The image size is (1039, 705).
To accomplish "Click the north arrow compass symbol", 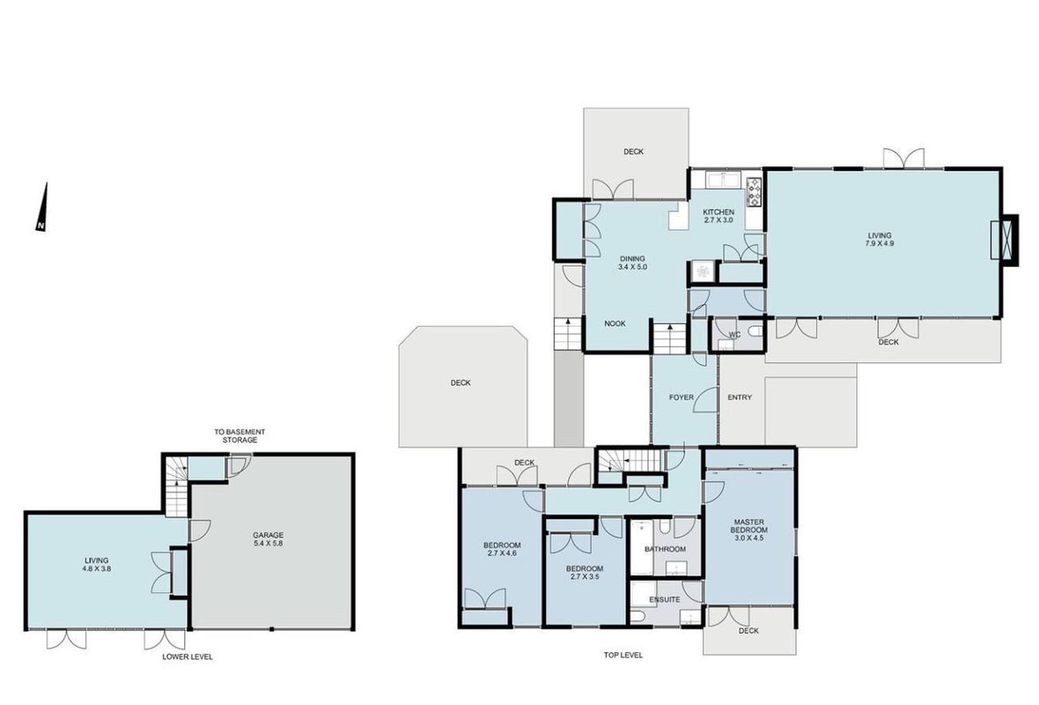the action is click(42, 208).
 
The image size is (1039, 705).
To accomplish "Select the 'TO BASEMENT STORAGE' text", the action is click(239, 435).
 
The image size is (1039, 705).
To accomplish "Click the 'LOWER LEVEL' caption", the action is click(188, 657).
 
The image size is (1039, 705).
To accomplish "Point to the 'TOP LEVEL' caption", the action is click(623, 655).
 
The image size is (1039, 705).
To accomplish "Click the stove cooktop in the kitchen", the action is click(754, 192).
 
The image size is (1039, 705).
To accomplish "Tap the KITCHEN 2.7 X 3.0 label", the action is click(718, 216).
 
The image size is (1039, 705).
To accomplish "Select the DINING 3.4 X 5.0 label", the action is click(632, 263).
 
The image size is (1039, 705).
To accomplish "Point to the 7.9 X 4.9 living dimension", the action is click(880, 243).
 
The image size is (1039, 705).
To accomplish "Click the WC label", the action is click(734, 334).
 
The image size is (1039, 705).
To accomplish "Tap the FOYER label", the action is click(682, 397).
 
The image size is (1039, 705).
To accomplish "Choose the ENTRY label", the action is click(740, 397).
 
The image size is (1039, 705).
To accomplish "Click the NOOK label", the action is click(615, 323).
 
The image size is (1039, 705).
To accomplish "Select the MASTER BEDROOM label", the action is click(748, 526).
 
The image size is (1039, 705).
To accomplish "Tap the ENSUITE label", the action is click(665, 599).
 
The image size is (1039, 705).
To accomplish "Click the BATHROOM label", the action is click(666, 549).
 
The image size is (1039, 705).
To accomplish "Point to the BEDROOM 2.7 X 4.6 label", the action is click(502, 549).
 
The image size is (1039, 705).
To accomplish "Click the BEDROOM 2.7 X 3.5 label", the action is click(585, 572).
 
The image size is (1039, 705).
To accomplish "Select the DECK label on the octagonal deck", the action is click(461, 382).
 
